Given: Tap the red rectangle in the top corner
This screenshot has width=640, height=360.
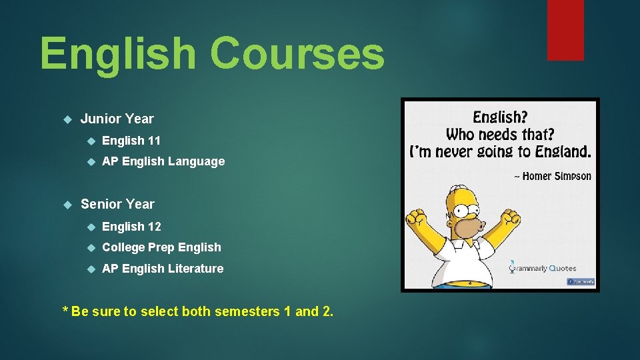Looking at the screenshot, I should coord(565,29).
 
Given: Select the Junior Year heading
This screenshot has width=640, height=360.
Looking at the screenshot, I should coord(117,119).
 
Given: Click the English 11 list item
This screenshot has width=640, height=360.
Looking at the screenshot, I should coord(131,141).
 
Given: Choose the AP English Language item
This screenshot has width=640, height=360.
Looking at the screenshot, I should coord(163,161).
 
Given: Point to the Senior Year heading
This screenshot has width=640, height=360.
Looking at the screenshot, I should coord(117,204).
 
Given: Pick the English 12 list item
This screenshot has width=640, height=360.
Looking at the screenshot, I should coord(131,227).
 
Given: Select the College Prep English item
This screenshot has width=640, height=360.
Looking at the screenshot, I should coord(161,247).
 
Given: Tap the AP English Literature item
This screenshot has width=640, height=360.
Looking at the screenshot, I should coord(163,269).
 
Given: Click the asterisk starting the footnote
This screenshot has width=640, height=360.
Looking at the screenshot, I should coord(65,311).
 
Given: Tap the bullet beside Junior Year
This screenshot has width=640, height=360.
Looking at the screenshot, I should coord(67,119).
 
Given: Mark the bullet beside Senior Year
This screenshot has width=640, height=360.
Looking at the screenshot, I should coord(67,205).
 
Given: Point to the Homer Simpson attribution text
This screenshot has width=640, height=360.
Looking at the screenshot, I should coord(552,176).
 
